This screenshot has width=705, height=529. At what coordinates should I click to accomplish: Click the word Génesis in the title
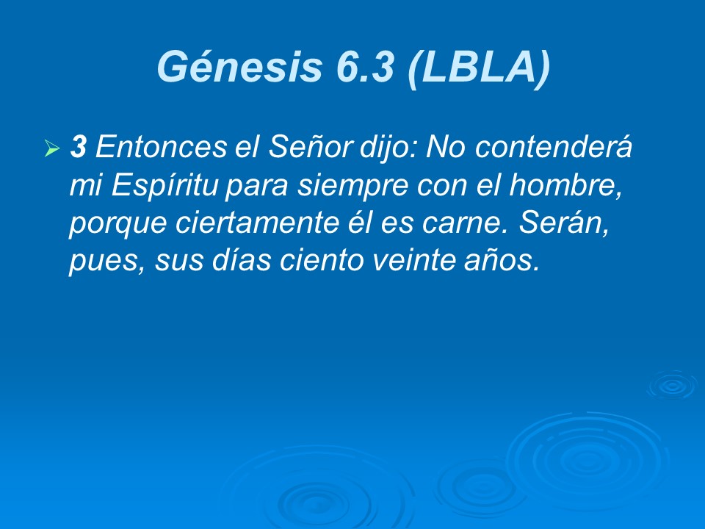tap(239, 68)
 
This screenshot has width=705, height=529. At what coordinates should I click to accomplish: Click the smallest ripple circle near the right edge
tap(670, 384)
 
